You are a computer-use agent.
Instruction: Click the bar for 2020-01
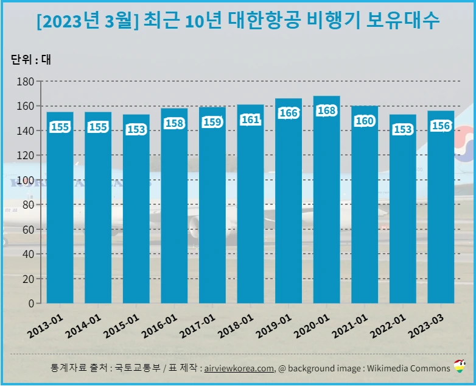click(326, 201)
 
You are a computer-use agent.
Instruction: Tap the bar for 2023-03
click(441, 207)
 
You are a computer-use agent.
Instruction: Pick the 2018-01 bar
click(250, 204)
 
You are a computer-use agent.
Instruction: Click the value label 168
click(326, 111)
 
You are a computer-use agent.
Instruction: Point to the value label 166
click(289, 113)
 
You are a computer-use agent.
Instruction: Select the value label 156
click(441, 126)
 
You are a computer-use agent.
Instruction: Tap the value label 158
click(174, 123)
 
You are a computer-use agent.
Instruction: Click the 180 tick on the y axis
click(26, 81)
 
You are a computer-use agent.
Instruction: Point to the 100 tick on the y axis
click(26, 180)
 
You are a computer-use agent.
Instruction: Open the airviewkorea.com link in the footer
click(239, 368)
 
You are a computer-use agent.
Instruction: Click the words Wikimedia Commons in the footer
click(412, 368)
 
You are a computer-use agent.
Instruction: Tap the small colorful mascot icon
click(460, 367)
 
